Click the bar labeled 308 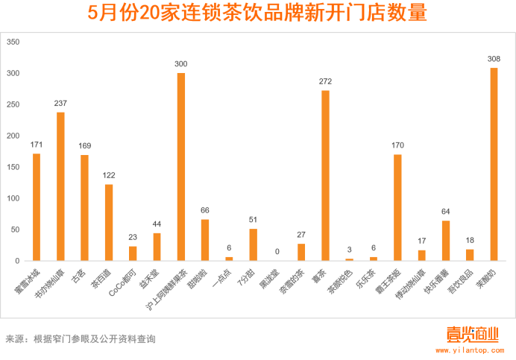494,164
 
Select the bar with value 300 180,167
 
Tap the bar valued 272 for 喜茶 325,176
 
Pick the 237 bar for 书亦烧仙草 60,186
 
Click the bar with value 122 109,222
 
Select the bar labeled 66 205,240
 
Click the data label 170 397,146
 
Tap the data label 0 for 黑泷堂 277,252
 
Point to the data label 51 253,220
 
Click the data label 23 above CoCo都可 133,238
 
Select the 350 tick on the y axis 13,42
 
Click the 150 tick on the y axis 13,167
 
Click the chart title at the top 258,14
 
